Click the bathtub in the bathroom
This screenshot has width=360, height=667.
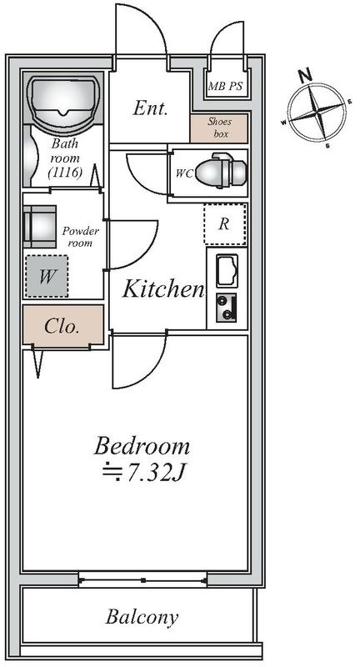tap(64, 98)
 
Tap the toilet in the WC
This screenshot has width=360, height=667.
tap(221, 171)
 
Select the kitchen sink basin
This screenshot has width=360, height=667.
tap(227, 271)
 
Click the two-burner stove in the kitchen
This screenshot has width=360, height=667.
tap(226, 308)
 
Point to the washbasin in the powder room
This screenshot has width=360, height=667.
tap(39, 226)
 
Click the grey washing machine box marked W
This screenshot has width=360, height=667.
tap(47, 276)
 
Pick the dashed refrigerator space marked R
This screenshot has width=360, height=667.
tap(225, 224)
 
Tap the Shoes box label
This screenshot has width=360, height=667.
tap(220, 128)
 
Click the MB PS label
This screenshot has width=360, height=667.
tap(225, 87)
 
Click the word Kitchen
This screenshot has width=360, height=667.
tap(163, 289)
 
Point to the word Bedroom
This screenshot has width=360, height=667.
tap(142, 446)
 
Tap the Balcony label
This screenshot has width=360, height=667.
tap(142, 617)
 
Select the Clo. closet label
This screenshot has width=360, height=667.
tap(62, 327)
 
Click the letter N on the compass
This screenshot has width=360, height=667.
tap(305, 76)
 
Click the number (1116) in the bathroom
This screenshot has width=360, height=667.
tap(65, 173)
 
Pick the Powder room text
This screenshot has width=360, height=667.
tap(80, 237)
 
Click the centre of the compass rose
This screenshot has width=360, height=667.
tap(317, 113)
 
